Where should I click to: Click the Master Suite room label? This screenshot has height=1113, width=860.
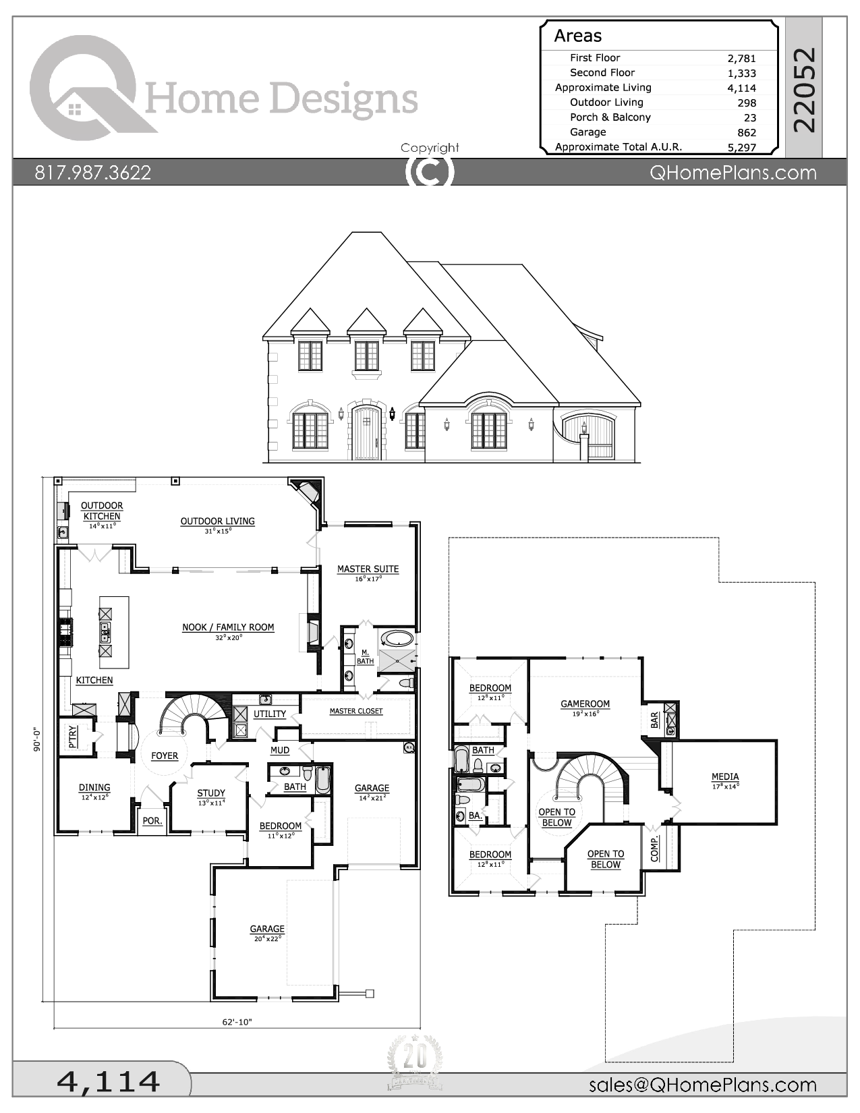point(368,569)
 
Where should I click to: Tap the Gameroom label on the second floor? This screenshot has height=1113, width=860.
point(585,704)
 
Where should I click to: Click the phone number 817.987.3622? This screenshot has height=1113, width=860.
point(93,173)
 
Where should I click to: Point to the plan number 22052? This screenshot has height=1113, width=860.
point(804,90)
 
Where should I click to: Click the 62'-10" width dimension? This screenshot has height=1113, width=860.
point(237,1022)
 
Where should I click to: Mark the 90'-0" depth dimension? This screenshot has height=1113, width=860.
point(38,739)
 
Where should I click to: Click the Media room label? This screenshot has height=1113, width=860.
point(725,777)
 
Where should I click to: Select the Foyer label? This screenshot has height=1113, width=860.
point(165,756)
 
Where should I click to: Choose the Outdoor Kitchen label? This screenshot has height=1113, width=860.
point(102,511)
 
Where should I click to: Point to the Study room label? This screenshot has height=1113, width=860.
point(211,794)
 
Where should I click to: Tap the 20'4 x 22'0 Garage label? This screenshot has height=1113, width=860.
point(267,930)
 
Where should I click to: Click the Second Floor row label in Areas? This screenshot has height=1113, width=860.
point(602,73)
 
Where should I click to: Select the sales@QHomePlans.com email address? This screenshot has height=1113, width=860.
point(702,1085)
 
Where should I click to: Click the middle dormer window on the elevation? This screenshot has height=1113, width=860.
point(367,355)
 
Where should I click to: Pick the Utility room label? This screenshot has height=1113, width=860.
point(270,714)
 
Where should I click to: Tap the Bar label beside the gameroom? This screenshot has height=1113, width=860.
point(654,720)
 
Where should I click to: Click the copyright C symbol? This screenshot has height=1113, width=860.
point(430,172)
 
